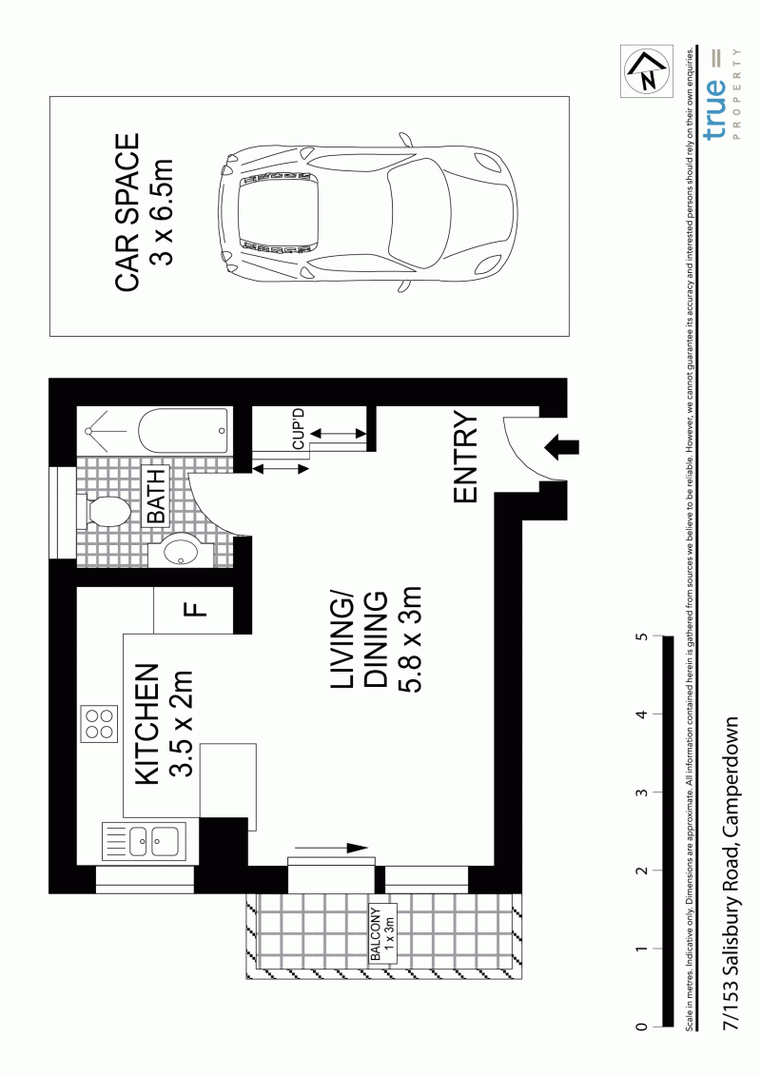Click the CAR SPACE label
[127, 213]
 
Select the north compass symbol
[647, 71]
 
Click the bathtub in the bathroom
[184, 432]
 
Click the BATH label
[156, 496]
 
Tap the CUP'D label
[298, 429]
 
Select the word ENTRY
[465, 458]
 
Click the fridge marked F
[196, 610]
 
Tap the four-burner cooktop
[98, 724]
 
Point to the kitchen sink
[142, 840]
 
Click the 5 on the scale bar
[641, 636]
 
